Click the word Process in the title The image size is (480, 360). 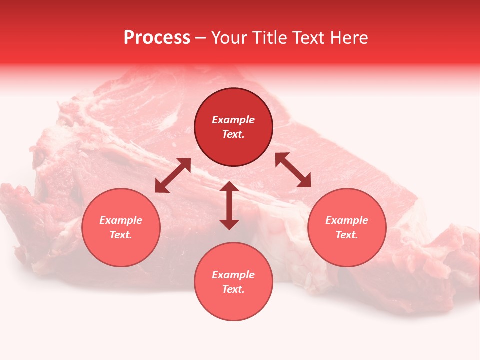point(157,38)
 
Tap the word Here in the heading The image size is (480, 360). point(348,38)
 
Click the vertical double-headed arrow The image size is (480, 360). point(229,205)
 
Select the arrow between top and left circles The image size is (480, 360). point(173,175)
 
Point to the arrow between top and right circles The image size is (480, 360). point(293,170)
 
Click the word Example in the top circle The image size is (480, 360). point(233,120)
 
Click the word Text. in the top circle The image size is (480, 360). point(233,134)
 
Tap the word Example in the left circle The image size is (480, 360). point(121,220)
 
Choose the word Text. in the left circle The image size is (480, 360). point(121,235)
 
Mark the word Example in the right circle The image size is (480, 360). point(347,220)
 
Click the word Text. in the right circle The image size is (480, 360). point(347,235)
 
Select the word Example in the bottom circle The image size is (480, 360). point(233,275)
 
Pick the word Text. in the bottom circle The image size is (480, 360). point(233,289)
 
